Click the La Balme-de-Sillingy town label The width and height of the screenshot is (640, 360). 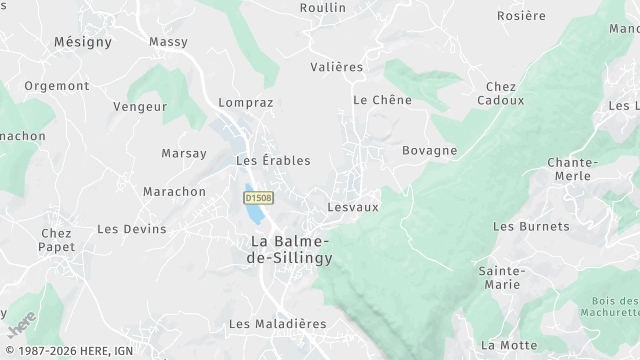tap(291, 249)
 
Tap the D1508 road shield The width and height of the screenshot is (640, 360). tap(260, 198)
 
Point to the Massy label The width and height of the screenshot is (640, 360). tap(168, 42)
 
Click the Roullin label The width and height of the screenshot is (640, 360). tap(323, 8)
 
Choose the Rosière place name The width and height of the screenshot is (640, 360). tap(522, 16)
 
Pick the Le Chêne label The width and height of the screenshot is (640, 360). tap(375, 100)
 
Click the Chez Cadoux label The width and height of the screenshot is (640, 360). tap(500, 94)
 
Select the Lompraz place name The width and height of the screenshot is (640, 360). tap(245, 102)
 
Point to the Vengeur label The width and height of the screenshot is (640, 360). tap(139, 106)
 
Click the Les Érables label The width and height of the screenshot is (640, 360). tap(273, 160)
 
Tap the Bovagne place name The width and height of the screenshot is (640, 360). tap(429, 151)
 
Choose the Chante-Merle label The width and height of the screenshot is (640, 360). tap(573, 169)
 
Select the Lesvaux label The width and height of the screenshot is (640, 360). tap(353, 207)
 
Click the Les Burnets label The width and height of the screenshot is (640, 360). tap(531, 226)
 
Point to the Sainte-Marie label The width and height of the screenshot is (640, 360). tap(500, 278)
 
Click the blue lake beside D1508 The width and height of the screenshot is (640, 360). tap(254, 208)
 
